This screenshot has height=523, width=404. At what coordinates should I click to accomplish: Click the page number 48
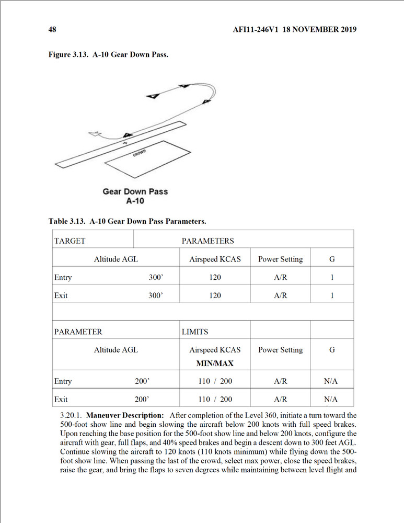(x=52, y=29)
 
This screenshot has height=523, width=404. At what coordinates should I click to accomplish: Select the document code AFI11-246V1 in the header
(x=255, y=29)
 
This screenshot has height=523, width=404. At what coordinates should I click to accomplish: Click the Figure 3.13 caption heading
(x=108, y=55)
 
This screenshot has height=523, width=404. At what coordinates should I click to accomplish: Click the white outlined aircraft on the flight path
(x=95, y=134)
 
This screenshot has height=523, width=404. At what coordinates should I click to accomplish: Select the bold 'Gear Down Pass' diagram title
(x=135, y=191)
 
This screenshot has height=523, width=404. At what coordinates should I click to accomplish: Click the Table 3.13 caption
(x=128, y=221)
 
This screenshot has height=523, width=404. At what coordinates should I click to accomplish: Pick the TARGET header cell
(x=70, y=241)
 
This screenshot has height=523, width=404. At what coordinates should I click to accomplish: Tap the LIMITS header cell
(x=194, y=332)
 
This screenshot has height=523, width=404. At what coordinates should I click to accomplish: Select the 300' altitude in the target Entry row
(x=156, y=277)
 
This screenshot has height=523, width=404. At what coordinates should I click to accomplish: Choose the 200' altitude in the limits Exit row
(x=143, y=400)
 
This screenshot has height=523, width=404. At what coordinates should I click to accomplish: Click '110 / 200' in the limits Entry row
(x=215, y=381)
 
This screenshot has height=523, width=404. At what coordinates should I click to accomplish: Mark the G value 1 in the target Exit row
(x=332, y=295)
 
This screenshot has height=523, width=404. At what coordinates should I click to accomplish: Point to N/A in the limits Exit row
(x=331, y=400)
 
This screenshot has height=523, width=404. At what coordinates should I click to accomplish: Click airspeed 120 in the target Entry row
(x=215, y=277)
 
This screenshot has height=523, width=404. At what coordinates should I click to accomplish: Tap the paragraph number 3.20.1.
(x=72, y=415)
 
